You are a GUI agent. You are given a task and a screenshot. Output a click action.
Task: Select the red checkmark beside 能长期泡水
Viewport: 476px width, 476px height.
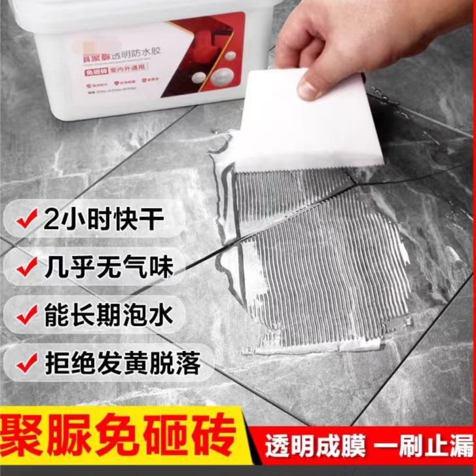[26, 315]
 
